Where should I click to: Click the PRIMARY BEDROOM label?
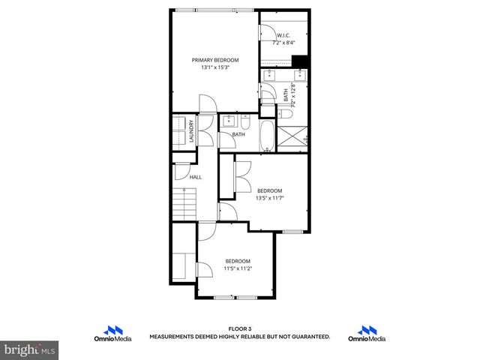215,60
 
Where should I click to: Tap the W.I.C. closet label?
283,35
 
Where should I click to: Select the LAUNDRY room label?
192,132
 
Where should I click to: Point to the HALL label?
196,177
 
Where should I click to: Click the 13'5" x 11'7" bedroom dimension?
270,198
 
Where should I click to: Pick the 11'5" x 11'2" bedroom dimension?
238,268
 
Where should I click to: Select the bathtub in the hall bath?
267,136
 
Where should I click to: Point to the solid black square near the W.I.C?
300,61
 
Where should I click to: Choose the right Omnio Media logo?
367,334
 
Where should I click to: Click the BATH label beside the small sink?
238,135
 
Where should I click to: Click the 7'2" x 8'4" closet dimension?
283,43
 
